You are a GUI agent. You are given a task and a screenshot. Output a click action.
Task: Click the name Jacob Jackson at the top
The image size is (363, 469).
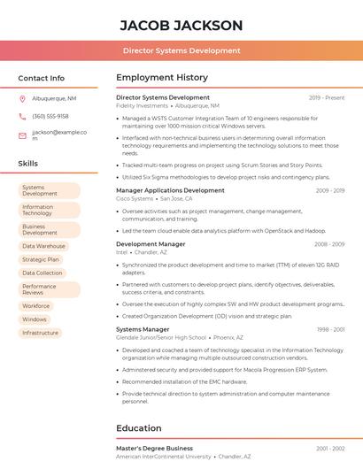pyautogui.click(x=181, y=25)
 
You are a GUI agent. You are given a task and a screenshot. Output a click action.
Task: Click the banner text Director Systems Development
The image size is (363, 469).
pyautogui.click(x=181, y=50)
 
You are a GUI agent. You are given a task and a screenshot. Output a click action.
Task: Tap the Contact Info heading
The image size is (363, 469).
pyautogui.click(x=41, y=78)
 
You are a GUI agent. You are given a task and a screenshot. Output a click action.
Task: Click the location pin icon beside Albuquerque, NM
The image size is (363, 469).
pyautogui.click(x=22, y=99)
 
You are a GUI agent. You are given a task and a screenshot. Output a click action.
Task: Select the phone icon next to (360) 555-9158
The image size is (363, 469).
pyautogui.click(x=22, y=117)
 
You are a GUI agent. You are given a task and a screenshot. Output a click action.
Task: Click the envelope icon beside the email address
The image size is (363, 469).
pyautogui.click(x=22, y=135)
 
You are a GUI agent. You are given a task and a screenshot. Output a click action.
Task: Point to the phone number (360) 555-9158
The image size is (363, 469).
pyautogui.click(x=50, y=117)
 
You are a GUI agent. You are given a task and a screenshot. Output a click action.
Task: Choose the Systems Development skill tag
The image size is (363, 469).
pyautogui.click(x=49, y=190)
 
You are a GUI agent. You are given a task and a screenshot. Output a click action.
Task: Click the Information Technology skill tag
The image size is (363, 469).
pyautogui.click(x=49, y=210)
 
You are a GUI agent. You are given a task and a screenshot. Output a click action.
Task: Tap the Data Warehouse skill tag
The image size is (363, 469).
pyautogui.click(x=44, y=246)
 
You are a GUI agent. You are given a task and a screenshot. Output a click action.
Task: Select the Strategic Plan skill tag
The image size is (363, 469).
pyautogui.click(x=41, y=259)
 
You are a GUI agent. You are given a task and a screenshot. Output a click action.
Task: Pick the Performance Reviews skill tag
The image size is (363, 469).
pyautogui.click(x=49, y=289)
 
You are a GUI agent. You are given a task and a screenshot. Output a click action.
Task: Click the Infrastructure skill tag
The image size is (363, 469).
pyautogui.click(x=41, y=333)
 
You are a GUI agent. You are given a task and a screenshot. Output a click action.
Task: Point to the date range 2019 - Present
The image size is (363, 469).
pyautogui.click(x=327, y=97)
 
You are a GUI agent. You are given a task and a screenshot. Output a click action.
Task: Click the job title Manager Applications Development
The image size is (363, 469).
pyautogui.click(x=170, y=190)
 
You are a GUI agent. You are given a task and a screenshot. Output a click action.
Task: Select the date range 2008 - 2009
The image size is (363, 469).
pyautogui.click(x=329, y=243)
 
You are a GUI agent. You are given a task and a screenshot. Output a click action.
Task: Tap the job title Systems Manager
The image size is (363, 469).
pyautogui.click(x=143, y=329)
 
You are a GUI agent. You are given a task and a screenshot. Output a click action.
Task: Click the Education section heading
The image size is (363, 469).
pyautogui.click(x=139, y=428)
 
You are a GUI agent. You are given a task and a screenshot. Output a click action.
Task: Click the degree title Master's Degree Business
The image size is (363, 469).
pyautogui.click(x=154, y=449)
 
